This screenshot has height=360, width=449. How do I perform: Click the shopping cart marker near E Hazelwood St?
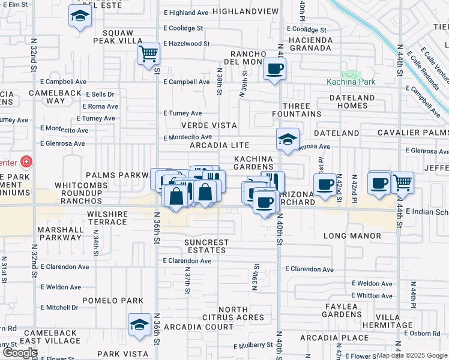tap(148, 54)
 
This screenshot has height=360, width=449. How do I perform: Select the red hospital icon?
tap(26, 161)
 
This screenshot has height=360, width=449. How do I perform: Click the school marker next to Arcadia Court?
tap(139, 324)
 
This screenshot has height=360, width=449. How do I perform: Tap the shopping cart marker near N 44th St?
tap(403, 182)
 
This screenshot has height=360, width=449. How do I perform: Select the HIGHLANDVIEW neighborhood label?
tap(246, 11)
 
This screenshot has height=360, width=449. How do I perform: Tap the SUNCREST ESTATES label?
tap(206, 246)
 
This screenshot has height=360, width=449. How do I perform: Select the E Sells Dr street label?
tap(100, 94)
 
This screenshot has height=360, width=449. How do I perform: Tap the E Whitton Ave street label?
tap(372, 295)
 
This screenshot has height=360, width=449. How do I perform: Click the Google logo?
tap(20, 353)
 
